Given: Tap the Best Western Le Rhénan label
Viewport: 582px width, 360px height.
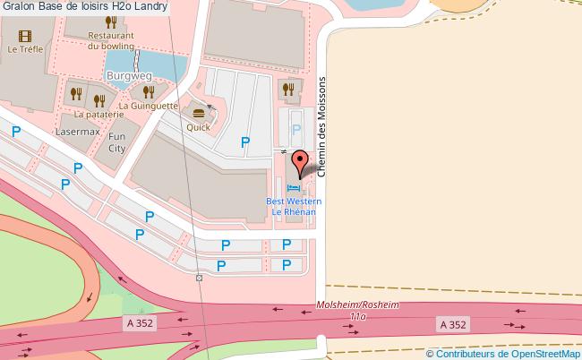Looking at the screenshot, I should point(294,207).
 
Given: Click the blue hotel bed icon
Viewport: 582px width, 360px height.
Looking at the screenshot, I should point(295,188).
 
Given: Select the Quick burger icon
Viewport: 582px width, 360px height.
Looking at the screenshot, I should point(199,113).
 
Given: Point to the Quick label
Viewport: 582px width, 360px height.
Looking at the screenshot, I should point(199,127).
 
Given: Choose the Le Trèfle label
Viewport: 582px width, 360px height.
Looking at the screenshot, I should point(25,50).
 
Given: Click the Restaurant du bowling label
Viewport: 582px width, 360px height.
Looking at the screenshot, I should point(111,40).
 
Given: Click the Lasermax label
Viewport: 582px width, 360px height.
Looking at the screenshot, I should point(77,131).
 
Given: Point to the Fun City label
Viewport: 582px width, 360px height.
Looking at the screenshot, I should point(117,142).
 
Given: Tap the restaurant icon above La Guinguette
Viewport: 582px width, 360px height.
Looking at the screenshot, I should point(145,90).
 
